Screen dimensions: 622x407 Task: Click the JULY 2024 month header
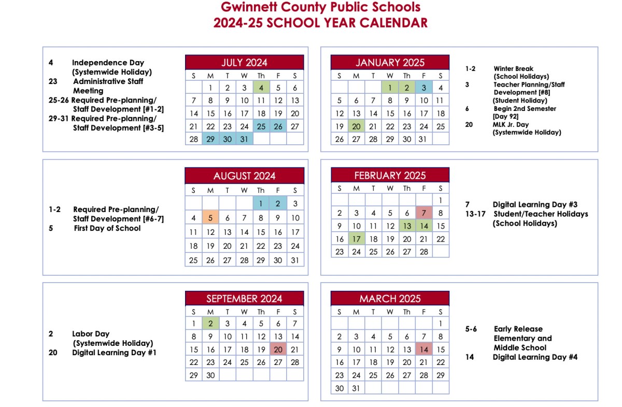click(x=244, y=63)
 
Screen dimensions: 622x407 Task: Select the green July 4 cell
click(x=261, y=88)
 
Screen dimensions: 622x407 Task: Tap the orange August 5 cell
click(x=210, y=218)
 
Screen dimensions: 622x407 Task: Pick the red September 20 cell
click(x=278, y=349)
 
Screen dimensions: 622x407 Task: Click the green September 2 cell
click(x=210, y=324)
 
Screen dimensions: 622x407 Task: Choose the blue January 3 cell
click(x=423, y=88)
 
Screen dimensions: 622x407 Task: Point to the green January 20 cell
click(x=356, y=127)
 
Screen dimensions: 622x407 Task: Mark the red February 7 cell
click(x=423, y=213)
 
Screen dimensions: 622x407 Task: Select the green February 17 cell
click(x=356, y=239)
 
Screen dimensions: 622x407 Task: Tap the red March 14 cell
click(x=423, y=349)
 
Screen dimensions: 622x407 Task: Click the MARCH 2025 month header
click(x=390, y=299)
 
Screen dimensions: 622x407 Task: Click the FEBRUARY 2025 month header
click(x=390, y=175)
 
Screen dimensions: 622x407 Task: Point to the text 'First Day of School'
click(x=107, y=228)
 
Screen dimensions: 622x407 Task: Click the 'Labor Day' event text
click(x=91, y=334)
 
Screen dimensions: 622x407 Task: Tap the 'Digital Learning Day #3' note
click(x=535, y=205)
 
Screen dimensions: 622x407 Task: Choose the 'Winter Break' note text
click(x=513, y=68)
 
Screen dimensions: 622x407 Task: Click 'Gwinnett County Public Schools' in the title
click(x=320, y=8)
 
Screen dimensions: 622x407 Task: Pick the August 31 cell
click(x=295, y=260)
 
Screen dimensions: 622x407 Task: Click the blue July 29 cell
click(x=210, y=139)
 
